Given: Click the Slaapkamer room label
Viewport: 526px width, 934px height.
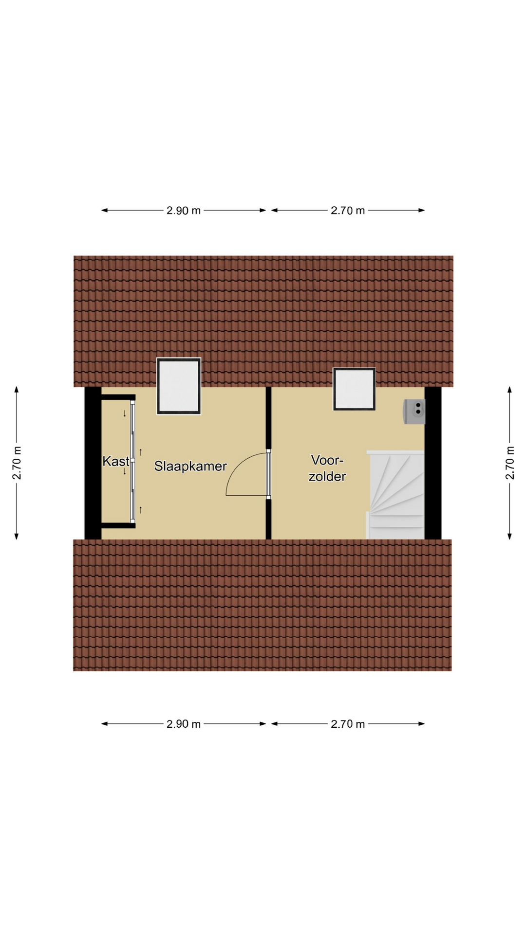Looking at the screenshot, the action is tap(190, 467).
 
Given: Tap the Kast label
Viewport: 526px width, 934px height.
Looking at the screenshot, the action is tap(116, 461).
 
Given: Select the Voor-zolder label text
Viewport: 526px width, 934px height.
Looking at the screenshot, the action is tap(327, 468).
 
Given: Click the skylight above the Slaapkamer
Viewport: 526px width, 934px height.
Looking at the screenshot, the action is tap(179, 386).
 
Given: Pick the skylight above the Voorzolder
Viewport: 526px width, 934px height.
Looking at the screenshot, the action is tap(354, 389).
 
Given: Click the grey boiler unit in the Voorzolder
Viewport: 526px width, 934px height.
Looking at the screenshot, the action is tap(414, 412).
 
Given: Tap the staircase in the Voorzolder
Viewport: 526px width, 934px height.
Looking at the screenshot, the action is tap(395, 494).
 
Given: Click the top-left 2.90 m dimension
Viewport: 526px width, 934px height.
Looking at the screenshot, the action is tap(184, 211).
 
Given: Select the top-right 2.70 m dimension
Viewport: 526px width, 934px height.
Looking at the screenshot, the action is tap(348, 211).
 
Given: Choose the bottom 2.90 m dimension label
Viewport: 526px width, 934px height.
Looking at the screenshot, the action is tap(184, 724).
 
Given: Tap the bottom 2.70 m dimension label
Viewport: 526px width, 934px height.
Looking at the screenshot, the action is tap(348, 724).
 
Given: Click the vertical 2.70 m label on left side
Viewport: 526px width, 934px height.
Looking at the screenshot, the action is tap(17, 463).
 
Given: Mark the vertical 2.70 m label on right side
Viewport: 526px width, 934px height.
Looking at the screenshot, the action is tap(510, 463).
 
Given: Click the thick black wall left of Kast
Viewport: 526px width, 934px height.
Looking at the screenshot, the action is tap(93, 463).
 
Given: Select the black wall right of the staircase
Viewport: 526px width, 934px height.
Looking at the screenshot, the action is tap(433, 463).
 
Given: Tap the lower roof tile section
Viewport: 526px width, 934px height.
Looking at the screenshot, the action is tap(263, 605).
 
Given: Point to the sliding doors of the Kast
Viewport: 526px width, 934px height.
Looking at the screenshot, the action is tap(132, 462).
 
